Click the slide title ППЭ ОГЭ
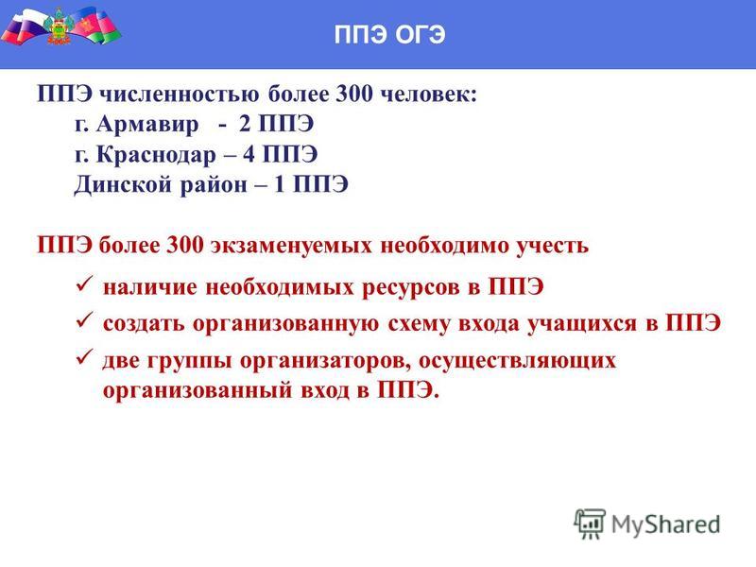click(x=389, y=35)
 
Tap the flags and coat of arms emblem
click(x=60, y=26)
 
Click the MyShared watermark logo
click(x=647, y=524)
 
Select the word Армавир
click(x=147, y=125)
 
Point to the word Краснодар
click(x=156, y=155)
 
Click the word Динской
click(x=123, y=185)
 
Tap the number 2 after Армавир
click(x=245, y=124)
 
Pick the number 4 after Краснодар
click(x=249, y=154)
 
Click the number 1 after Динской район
click(x=279, y=184)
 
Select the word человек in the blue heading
click(x=425, y=94)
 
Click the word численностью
click(x=179, y=94)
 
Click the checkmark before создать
click(x=84, y=320)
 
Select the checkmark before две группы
click(x=84, y=357)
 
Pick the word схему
click(x=419, y=323)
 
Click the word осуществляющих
click(x=517, y=361)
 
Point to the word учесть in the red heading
click(x=553, y=246)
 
